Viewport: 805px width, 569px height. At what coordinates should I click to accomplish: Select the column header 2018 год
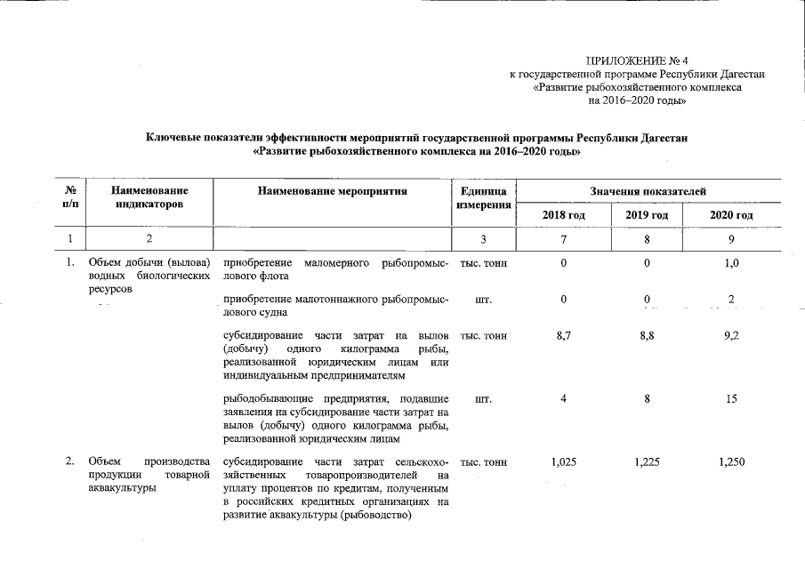click(564, 216)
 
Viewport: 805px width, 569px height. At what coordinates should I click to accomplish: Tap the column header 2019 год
click(647, 216)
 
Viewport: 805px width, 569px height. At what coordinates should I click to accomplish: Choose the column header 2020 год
click(731, 216)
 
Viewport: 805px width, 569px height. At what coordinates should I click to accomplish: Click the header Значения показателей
click(648, 191)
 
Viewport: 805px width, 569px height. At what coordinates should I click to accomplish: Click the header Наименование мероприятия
click(332, 190)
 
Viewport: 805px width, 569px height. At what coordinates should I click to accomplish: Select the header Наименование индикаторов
click(149, 197)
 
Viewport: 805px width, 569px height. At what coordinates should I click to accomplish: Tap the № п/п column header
click(69, 197)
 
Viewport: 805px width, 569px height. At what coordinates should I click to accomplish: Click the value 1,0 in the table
click(731, 264)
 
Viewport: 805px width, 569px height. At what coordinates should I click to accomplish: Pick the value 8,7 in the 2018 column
click(564, 337)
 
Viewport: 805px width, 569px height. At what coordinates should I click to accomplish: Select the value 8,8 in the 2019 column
click(647, 337)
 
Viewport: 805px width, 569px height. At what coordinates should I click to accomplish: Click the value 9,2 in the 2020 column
click(731, 337)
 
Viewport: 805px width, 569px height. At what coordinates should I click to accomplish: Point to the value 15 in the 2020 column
click(731, 399)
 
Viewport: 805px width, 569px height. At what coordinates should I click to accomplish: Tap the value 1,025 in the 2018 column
click(564, 462)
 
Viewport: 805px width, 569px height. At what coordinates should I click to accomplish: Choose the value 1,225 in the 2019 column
click(647, 462)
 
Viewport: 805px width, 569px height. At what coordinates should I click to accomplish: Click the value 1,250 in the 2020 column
click(731, 462)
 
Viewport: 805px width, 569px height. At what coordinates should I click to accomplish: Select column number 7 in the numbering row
click(564, 239)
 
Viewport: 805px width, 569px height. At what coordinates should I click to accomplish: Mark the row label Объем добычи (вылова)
click(148, 264)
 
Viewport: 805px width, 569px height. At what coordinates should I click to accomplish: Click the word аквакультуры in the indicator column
click(119, 489)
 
